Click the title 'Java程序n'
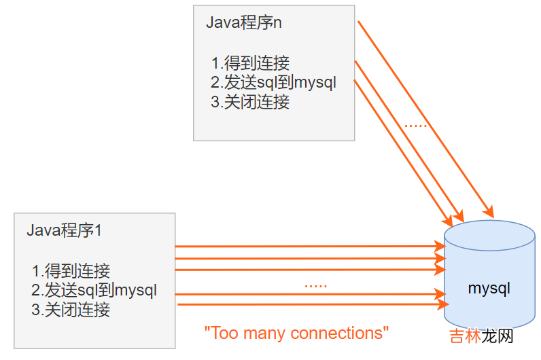point(243,22)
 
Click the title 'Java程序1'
point(64,230)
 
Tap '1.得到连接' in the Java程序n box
point(250,64)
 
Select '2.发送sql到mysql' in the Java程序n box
point(273,84)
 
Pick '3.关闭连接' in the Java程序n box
point(250,103)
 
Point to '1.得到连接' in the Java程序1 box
point(71,272)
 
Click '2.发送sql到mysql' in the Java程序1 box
point(94,291)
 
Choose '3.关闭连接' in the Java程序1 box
point(71,310)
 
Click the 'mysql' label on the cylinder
point(489,288)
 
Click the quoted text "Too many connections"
point(297,334)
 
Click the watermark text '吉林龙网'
point(481,336)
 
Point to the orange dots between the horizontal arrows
point(315,285)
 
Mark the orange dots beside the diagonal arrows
point(415,125)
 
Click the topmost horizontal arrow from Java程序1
point(306,246)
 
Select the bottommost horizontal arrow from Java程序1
point(306,304)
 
